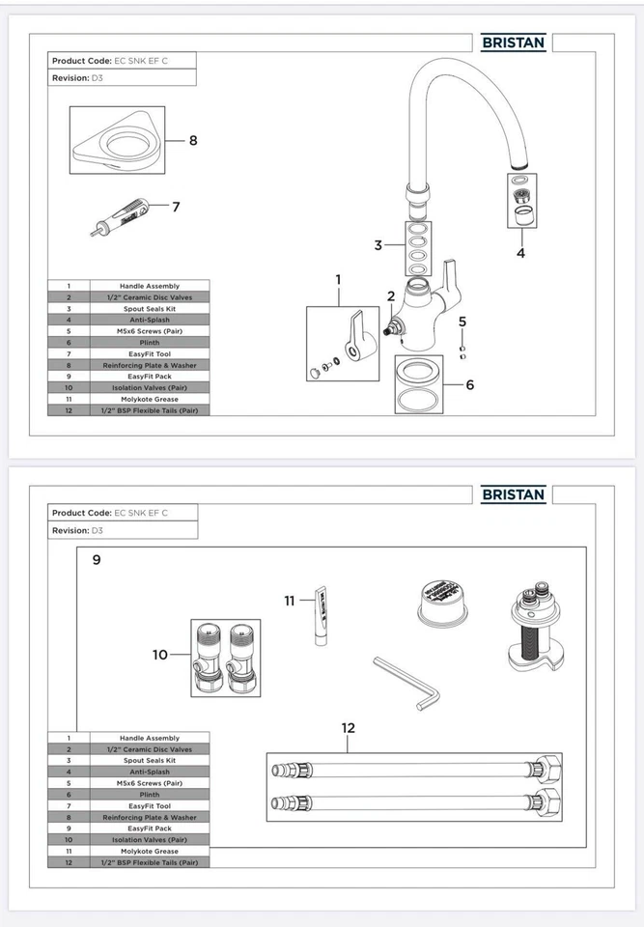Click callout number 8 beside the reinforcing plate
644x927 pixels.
193,140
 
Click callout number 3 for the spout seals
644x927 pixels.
378,245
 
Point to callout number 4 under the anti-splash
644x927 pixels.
520,254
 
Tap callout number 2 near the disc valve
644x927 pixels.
391,296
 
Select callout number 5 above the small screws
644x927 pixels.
462,321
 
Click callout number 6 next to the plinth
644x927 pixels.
470,384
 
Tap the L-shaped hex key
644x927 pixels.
406,683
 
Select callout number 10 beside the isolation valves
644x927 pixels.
160,655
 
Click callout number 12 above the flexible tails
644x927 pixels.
349,728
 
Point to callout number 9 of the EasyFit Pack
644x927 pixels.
96,559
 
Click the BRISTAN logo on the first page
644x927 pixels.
514,42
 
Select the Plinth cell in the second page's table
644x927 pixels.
149,794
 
